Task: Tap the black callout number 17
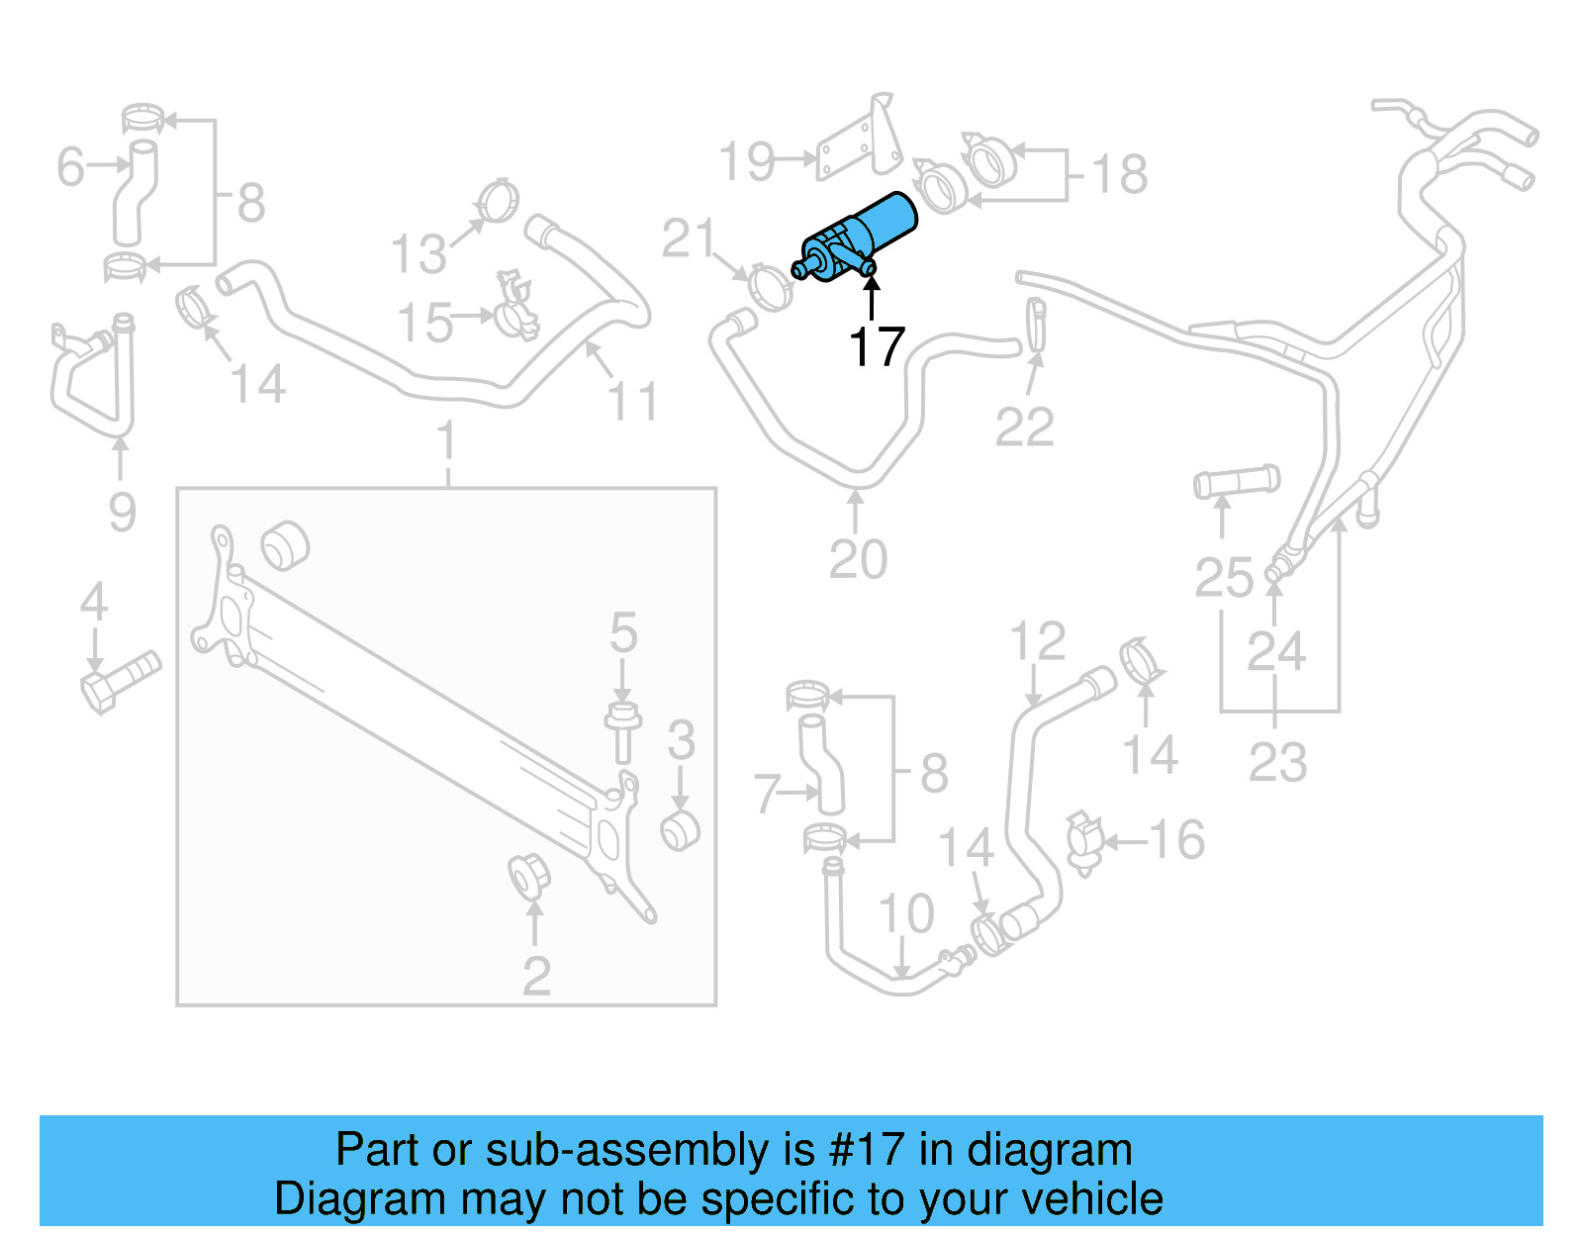click(877, 347)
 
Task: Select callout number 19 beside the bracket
click(746, 161)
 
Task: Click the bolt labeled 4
click(117, 680)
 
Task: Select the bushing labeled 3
click(680, 829)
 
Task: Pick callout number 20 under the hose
click(858, 560)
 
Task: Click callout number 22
click(1024, 428)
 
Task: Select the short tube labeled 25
click(1236, 482)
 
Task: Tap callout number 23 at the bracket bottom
click(1277, 762)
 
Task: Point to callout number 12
click(1037, 642)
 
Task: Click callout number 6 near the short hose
click(70, 166)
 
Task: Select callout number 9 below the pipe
click(122, 512)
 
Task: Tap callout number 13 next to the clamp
click(419, 254)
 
